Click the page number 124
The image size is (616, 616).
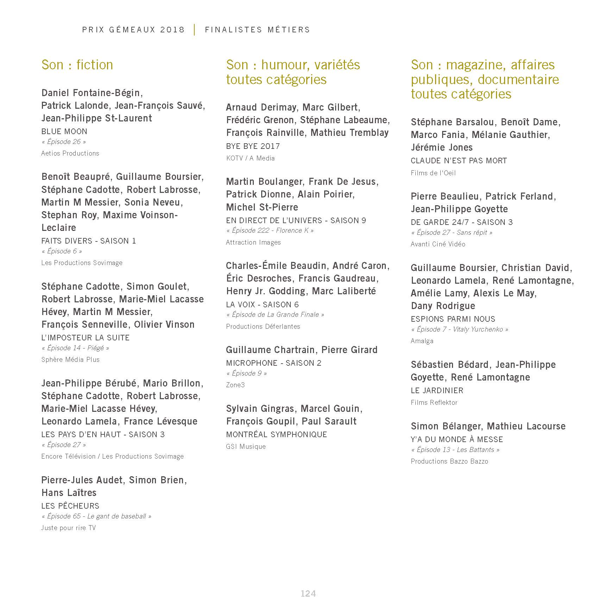(308, 593)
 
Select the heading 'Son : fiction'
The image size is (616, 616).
(77, 65)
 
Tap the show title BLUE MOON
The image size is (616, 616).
(64, 131)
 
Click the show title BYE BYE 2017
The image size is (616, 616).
(253, 146)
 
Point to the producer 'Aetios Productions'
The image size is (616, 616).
(70, 153)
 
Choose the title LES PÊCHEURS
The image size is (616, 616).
(70, 506)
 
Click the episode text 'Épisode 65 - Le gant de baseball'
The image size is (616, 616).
(96, 516)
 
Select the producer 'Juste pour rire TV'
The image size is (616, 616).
(68, 528)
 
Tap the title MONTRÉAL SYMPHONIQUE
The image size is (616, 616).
(276, 434)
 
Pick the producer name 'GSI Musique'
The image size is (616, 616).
(246, 446)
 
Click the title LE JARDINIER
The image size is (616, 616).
(437, 390)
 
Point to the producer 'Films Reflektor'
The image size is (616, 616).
(434, 402)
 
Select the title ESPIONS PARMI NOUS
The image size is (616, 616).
(453, 319)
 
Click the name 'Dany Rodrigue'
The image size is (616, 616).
(443, 306)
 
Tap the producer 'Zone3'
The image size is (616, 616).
(235, 385)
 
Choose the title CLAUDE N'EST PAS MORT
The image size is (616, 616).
(459, 161)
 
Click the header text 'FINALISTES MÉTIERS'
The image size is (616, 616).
(257, 30)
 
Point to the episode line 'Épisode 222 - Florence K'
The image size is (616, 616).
(270, 230)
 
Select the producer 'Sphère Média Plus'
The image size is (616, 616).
(70, 359)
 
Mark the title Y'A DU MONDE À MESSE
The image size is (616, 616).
(457, 439)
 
